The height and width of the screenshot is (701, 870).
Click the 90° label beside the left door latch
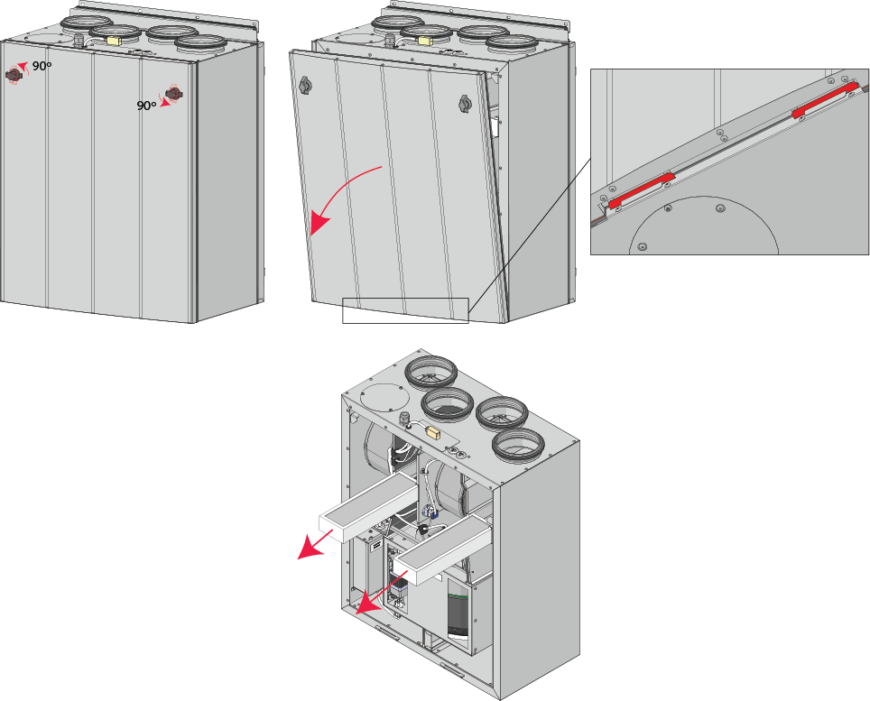42,66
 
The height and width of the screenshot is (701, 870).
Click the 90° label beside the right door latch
146,106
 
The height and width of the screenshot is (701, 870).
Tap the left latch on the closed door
14,75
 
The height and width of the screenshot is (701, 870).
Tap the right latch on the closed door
174,95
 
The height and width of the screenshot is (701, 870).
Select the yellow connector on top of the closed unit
116,41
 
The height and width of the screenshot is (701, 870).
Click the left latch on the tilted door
306,85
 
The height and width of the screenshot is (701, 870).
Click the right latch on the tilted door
465,103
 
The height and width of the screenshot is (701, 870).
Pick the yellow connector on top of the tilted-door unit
426,41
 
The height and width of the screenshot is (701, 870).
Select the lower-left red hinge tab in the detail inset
642,190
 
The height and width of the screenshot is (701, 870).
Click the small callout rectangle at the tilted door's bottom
405,310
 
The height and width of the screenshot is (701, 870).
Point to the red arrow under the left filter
315,543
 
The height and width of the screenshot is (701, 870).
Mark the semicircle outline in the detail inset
703,226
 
